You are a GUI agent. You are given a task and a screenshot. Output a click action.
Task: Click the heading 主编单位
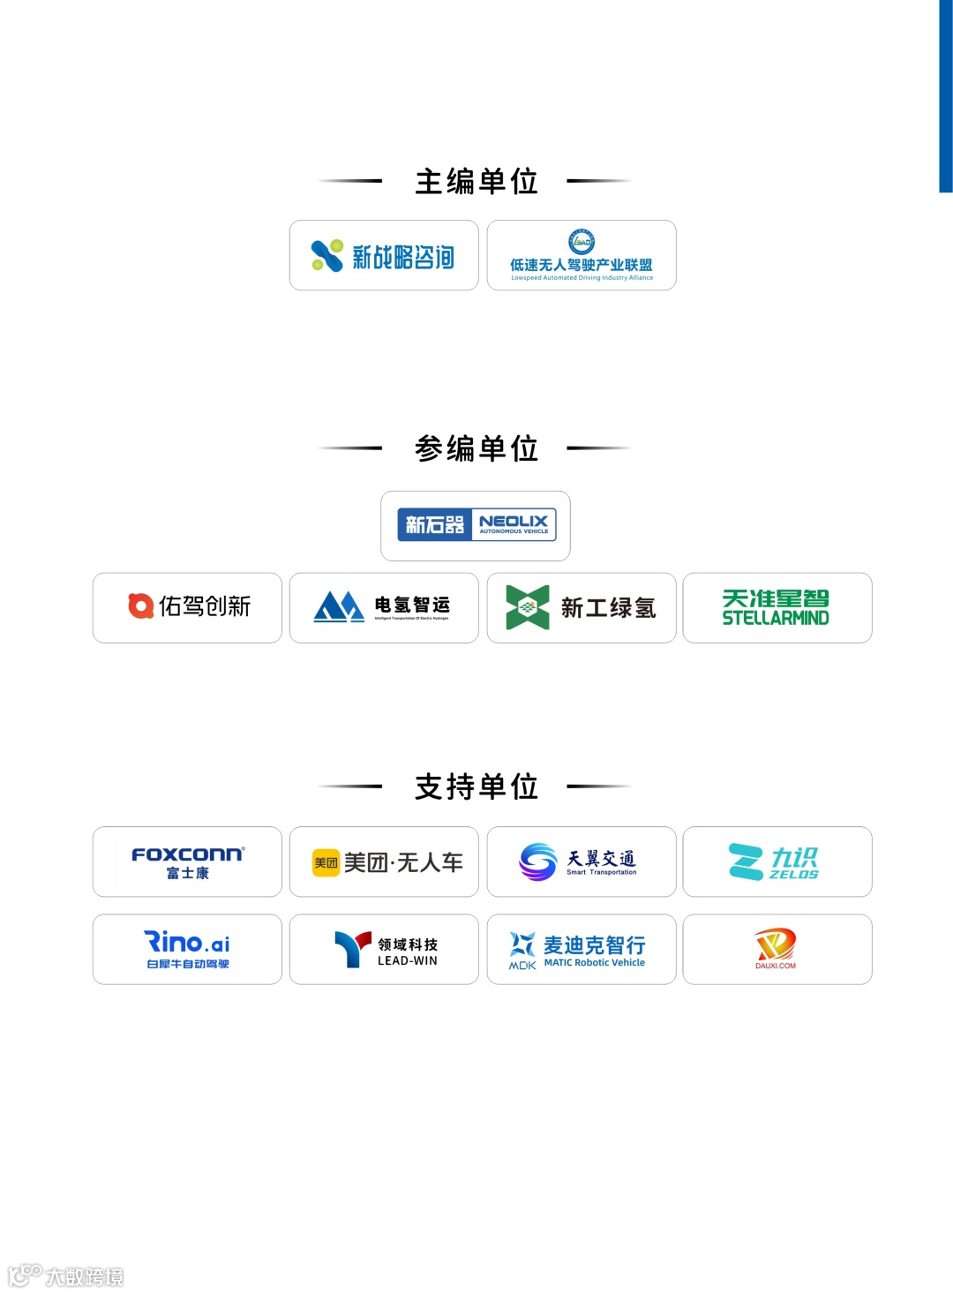476,182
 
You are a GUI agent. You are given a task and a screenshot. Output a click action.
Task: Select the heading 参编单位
476,448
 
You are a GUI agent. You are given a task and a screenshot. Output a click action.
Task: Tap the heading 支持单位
476,786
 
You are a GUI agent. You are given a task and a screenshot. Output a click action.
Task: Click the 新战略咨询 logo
384,256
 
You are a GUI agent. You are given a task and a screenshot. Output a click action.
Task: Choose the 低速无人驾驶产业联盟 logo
582,256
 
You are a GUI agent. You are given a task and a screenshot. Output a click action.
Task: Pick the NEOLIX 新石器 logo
476,525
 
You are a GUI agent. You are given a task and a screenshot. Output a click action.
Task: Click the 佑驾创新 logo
188,607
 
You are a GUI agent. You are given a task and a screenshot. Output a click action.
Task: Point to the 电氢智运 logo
384,607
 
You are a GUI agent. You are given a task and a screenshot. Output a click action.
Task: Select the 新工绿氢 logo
582,607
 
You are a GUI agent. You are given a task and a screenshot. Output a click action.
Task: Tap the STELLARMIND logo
777,607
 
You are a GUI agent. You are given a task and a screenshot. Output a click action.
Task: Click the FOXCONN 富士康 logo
188,862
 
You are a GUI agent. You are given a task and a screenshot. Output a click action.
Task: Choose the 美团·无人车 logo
388,862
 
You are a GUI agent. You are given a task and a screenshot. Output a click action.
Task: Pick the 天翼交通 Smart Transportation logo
582,862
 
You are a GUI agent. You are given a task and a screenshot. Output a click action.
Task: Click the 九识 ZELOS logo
777,862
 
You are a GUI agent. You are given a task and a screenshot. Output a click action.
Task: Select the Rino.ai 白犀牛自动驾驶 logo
188,950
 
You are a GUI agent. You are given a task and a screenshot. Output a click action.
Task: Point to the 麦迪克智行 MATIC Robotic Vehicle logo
582,950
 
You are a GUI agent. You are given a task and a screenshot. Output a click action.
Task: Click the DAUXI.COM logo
777,949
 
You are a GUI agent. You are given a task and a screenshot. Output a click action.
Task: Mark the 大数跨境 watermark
66,1275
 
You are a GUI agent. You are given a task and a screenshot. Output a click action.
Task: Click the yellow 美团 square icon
326,862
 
